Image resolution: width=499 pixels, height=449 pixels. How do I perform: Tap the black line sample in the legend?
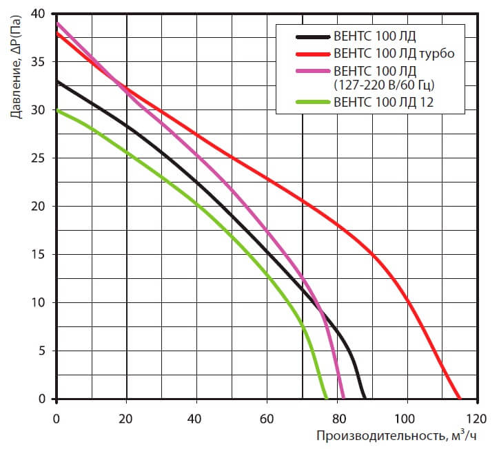[x=312, y=36]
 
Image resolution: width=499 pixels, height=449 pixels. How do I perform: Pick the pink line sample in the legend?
[x=312, y=70]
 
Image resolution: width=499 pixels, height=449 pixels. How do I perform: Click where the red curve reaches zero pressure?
[x=459, y=398]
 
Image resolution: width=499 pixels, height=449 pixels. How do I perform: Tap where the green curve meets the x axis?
[x=327, y=398]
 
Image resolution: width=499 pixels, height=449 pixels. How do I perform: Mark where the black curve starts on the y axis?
[x=57, y=81]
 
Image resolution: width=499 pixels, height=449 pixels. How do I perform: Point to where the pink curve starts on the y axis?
[x=57, y=23]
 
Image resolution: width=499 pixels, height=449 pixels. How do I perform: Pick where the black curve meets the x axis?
[x=364, y=398]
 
